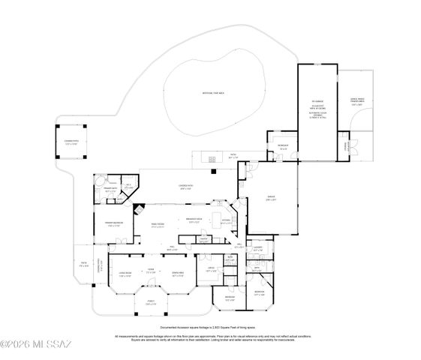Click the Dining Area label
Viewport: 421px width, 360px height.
pos(179,275)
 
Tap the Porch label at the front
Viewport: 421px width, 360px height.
pos(149,303)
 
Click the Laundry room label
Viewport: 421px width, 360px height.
pos(257,249)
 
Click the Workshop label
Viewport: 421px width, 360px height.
pos(283,147)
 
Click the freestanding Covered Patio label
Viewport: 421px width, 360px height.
pos(71,142)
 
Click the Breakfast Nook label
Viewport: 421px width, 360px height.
pos(193,220)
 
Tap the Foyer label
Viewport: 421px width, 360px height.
pos(150,271)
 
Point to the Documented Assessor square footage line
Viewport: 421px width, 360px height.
pos(212,328)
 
